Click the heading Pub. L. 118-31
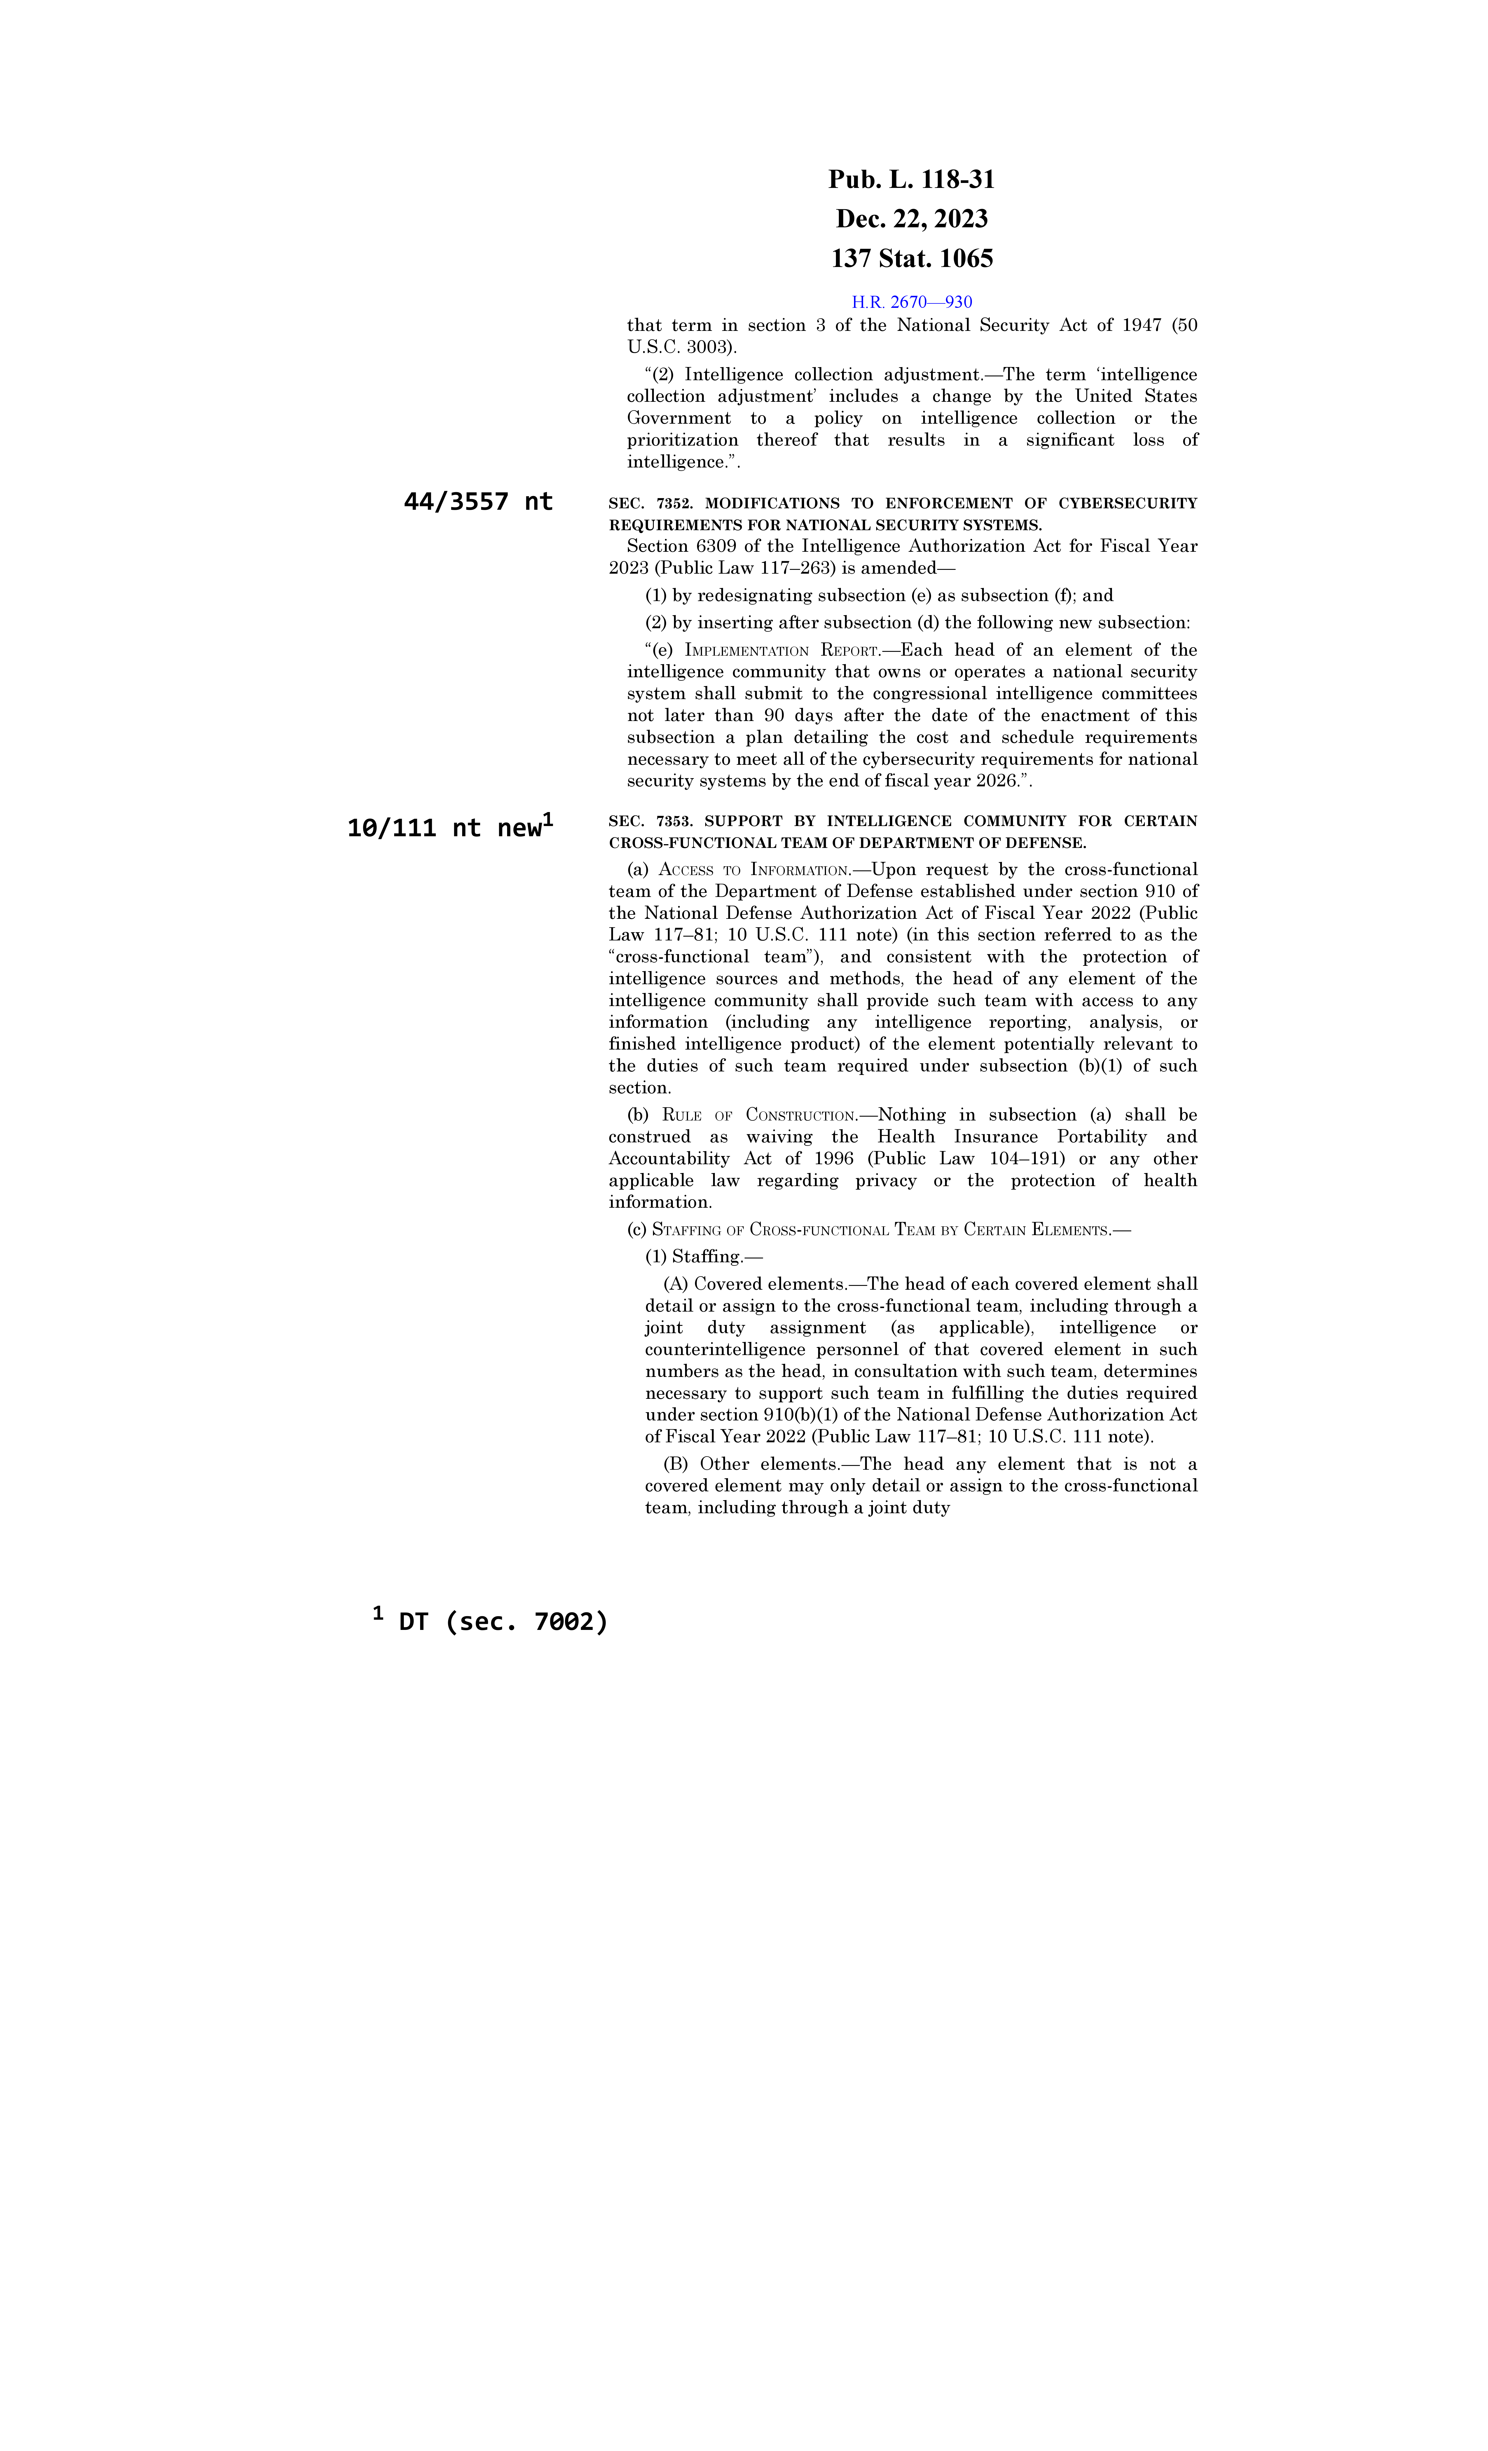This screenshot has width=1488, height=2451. (911, 180)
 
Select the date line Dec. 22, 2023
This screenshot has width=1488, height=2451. (911, 219)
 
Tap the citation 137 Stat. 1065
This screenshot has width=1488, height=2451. (911, 259)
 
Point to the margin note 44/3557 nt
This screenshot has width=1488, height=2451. (477, 502)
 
